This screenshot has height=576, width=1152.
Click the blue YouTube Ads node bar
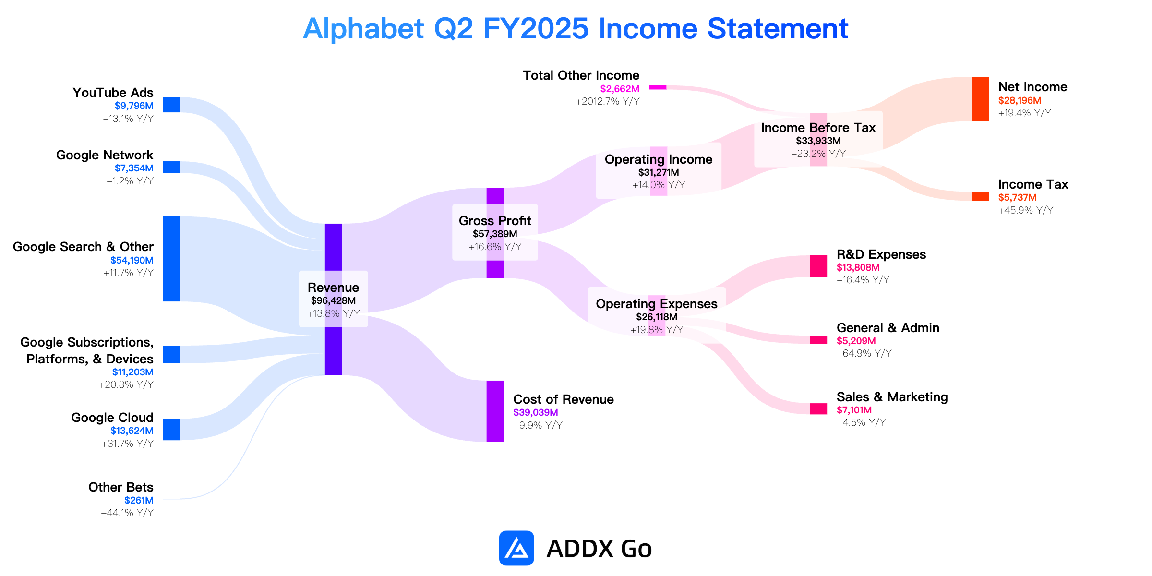(x=172, y=105)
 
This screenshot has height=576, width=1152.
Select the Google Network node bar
(x=172, y=167)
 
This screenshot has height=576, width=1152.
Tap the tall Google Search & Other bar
(x=172, y=259)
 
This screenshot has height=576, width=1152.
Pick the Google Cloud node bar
(x=172, y=429)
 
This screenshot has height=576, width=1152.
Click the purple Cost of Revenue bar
(x=495, y=411)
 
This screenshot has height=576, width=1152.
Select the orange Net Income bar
(x=980, y=99)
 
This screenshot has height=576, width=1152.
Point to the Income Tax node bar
(x=980, y=196)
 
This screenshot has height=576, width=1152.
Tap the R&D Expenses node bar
(x=818, y=266)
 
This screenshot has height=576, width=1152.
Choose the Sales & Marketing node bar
(x=818, y=408)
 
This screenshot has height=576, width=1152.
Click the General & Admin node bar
(x=818, y=340)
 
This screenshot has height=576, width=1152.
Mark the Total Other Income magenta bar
(x=658, y=87)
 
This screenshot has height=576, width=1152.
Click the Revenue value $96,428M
(x=333, y=301)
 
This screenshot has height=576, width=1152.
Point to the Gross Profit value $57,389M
(x=495, y=234)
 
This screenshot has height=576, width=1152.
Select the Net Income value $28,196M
(x=1020, y=100)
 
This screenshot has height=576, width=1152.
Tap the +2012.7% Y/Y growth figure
(x=608, y=101)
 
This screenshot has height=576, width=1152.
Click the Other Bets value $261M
(x=139, y=500)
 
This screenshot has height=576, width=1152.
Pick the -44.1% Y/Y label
(x=127, y=513)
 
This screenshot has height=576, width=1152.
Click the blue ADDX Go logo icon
(x=516, y=548)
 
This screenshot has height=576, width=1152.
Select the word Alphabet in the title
(x=363, y=29)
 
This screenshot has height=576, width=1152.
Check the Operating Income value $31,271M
(x=659, y=173)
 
